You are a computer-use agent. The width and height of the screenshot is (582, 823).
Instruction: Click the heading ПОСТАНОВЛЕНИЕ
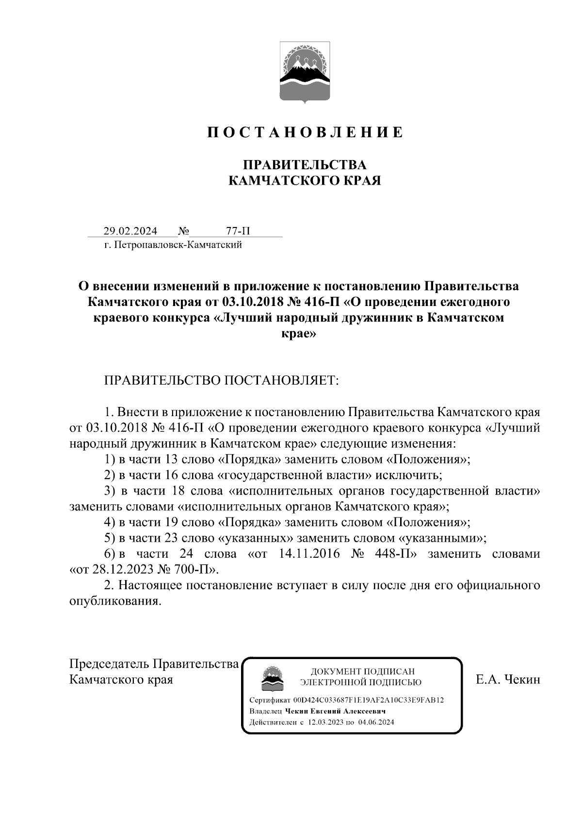[305, 132]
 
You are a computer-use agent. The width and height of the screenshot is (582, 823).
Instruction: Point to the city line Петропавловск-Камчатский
[173, 245]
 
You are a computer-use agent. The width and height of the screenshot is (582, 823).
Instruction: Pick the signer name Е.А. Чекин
[507, 679]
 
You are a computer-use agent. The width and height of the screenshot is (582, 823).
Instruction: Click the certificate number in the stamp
[369, 700]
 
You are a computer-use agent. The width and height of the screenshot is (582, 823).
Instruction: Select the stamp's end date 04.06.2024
[376, 722]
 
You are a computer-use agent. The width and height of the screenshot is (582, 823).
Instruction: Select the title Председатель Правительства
[154, 663]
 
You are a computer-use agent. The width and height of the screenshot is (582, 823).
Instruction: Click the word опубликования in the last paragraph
[114, 601]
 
